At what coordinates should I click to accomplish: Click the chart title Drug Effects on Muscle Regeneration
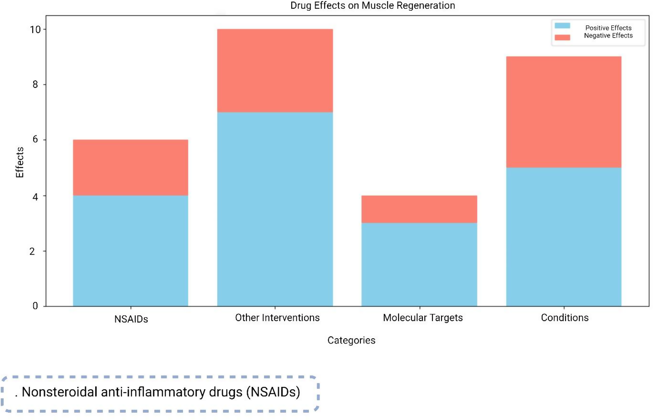coord(372,6)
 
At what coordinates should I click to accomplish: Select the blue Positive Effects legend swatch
coord(562,26)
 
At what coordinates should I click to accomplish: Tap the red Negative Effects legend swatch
coord(562,37)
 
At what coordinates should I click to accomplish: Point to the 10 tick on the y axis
coord(35,29)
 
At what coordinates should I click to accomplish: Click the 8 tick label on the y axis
coord(35,85)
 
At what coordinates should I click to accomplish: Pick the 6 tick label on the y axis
coord(35,139)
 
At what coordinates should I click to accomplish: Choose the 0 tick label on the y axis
coord(35,306)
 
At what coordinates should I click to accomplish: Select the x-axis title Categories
coord(351,340)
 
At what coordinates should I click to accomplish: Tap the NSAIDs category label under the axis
coord(131,319)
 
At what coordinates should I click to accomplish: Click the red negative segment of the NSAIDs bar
coord(130,167)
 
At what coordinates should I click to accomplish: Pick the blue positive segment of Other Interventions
coord(275,209)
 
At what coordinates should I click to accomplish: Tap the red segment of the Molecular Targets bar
coord(419,209)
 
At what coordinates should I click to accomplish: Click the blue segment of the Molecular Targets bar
coord(419,265)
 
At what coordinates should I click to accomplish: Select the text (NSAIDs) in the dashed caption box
coord(273,392)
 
